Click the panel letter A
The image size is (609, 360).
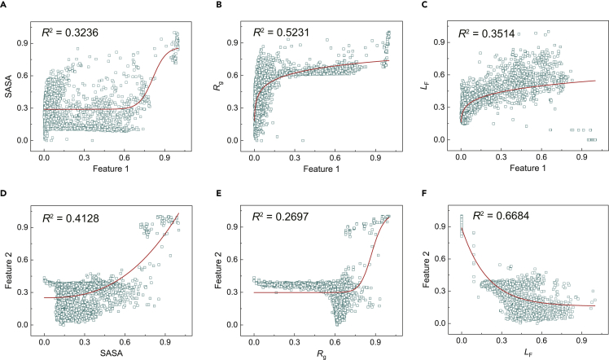click(x=6, y=7)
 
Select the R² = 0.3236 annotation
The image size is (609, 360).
click(x=74, y=35)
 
